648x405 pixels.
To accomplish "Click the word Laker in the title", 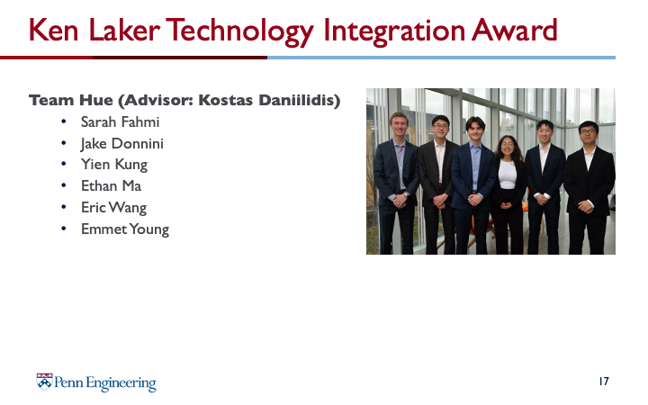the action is [x=124, y=31].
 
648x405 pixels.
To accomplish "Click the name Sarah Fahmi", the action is [x=120, y=121].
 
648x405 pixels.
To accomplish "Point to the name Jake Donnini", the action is [x=121, y=143].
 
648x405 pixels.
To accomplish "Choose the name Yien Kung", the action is [x=114, y=165].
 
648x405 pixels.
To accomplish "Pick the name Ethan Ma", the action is [x=111, y=186].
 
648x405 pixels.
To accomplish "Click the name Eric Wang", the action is [x=113, y=208].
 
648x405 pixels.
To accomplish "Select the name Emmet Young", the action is [x=125, y=229].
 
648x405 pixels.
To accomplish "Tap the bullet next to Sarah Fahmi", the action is [x=64, y=121].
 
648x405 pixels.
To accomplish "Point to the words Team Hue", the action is [x=71, y=100].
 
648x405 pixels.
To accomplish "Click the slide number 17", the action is [x=604, y=381].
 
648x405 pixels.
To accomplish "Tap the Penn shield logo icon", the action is [x=44, y=382].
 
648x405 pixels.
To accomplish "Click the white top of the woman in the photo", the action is [x=508, y=174].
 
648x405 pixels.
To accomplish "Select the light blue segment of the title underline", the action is [x=441, y=58].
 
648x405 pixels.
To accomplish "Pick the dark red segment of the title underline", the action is [x=133, y=58].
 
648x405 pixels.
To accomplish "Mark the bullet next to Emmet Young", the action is [x=64, y=229].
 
